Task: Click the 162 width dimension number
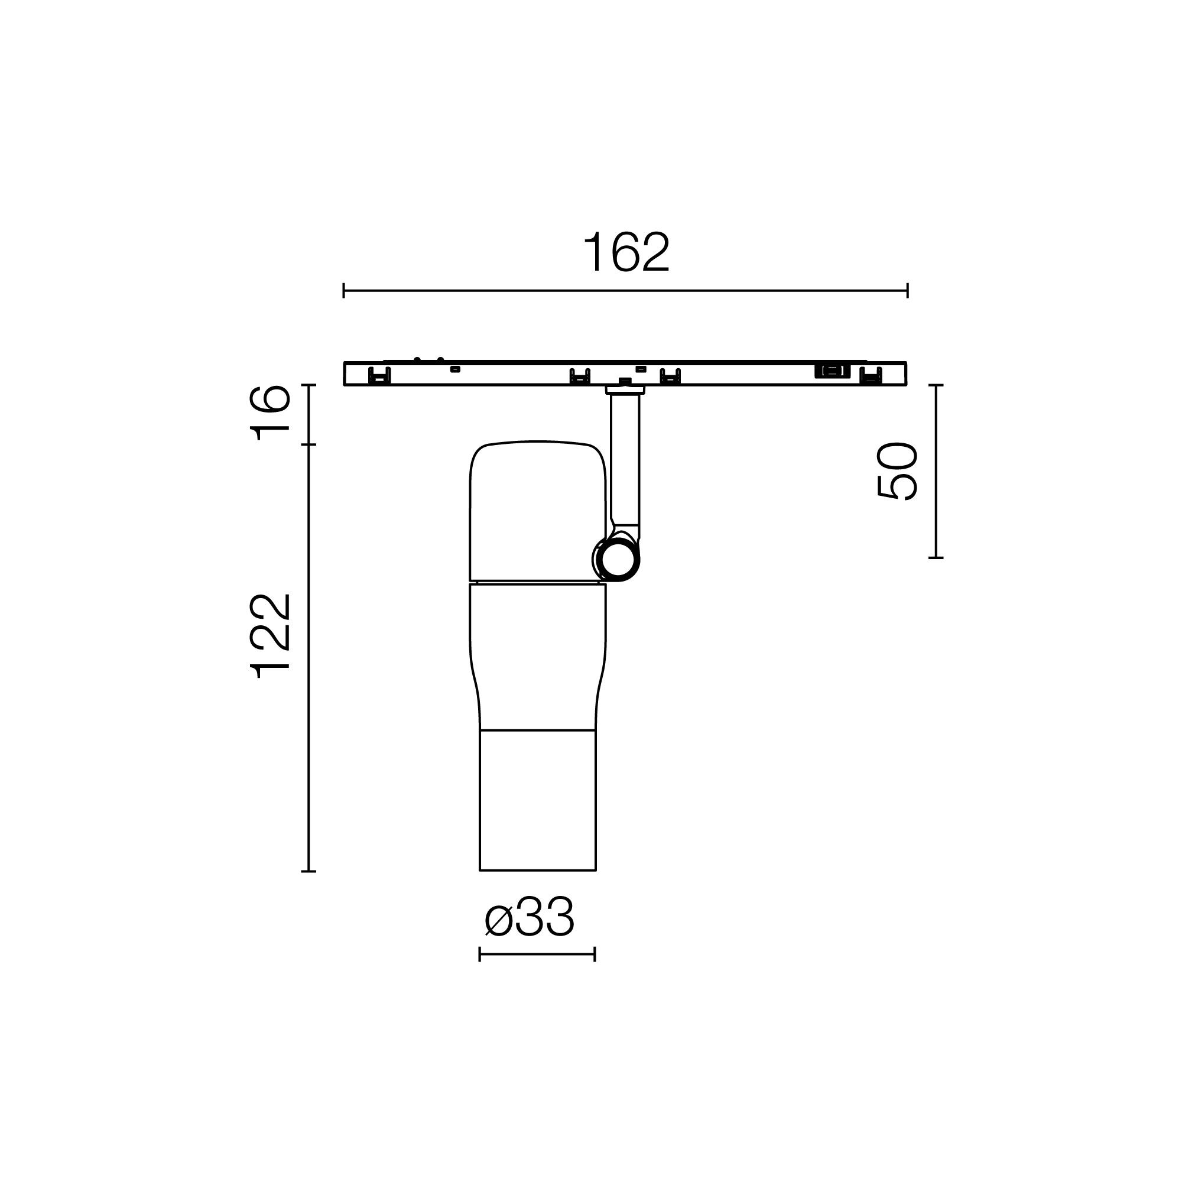(x=626, y=253)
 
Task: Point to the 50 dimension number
(x=898, y=471)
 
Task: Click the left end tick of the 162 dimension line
(x=344, y=291)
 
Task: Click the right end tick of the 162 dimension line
(x=907, y=291)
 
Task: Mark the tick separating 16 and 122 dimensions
(x=309, y=445)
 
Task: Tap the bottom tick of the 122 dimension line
(x=309, y=871)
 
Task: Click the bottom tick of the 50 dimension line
(x=936, y=558)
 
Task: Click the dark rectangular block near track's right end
(x=832, y=371)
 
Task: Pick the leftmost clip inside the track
(x=379, y=375)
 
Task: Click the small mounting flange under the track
(x=625, y=389)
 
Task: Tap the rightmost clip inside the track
(x=871, y=375)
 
